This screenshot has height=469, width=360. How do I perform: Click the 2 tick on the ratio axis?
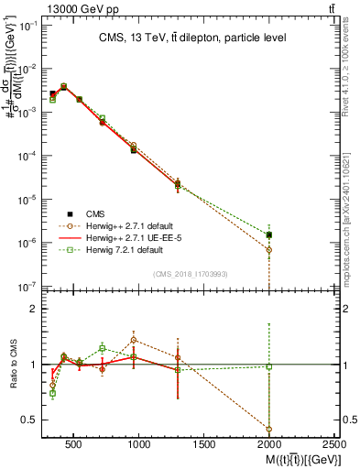[35, 310]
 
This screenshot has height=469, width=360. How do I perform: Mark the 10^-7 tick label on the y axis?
[27, 287]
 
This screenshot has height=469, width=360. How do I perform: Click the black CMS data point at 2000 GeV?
[269, 234]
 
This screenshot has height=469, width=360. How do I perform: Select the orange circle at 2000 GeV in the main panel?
[269, 249]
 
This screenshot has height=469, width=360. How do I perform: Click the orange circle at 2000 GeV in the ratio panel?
[269, 429]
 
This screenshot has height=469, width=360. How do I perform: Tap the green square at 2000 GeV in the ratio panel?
[269, 366]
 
